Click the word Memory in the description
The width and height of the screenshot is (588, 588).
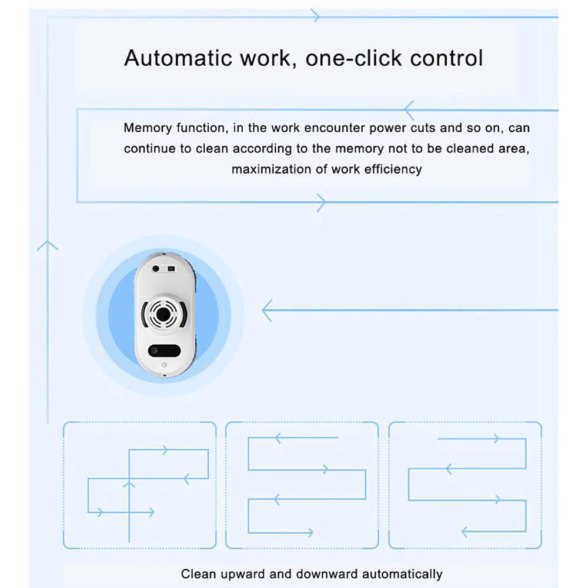click(146, 128)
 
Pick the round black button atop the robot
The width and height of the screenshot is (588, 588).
click(156, 268)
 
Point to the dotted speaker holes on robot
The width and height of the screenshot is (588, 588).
click(164, 365)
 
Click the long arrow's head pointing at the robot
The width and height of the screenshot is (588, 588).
click(266, 310)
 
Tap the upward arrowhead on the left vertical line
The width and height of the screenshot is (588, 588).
click(48, 244)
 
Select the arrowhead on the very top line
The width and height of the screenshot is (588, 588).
click(316, 16)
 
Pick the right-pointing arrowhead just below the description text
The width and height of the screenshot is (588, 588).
click(320, 202)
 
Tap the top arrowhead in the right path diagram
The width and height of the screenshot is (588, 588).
click(497, 439)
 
